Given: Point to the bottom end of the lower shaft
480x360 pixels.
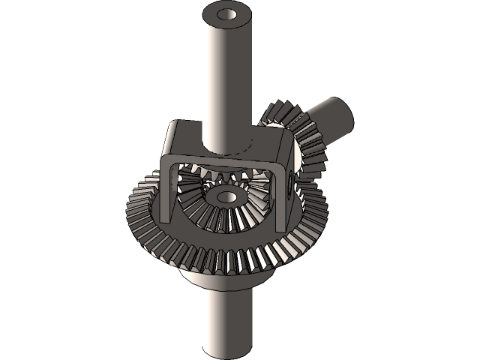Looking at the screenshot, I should click(x=227, y=346).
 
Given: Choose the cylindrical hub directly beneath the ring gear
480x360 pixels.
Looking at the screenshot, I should click(x=225, y=281).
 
